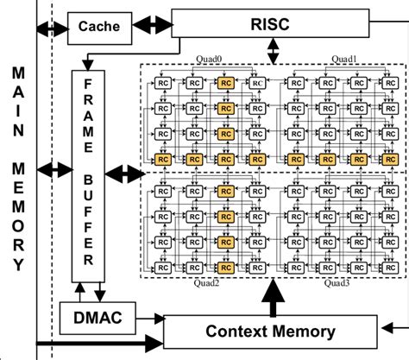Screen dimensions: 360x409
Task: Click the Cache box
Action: click(x=98, y=26)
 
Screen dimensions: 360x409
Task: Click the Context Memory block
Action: click(x=270, y=332)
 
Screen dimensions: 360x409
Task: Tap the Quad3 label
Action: click(x=343, y=281)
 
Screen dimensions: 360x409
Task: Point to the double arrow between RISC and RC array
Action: click(x=273, y=52)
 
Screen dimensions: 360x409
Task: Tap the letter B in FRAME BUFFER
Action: click(x=88, y=182)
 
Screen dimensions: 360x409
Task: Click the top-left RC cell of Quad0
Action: click(x=160, y=84)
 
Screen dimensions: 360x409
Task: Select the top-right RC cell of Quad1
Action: click(x=387, y=84)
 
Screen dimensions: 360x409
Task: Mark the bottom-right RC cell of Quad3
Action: click(x=387, y=262)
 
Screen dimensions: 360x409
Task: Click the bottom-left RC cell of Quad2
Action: click(x=160, y=262)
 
